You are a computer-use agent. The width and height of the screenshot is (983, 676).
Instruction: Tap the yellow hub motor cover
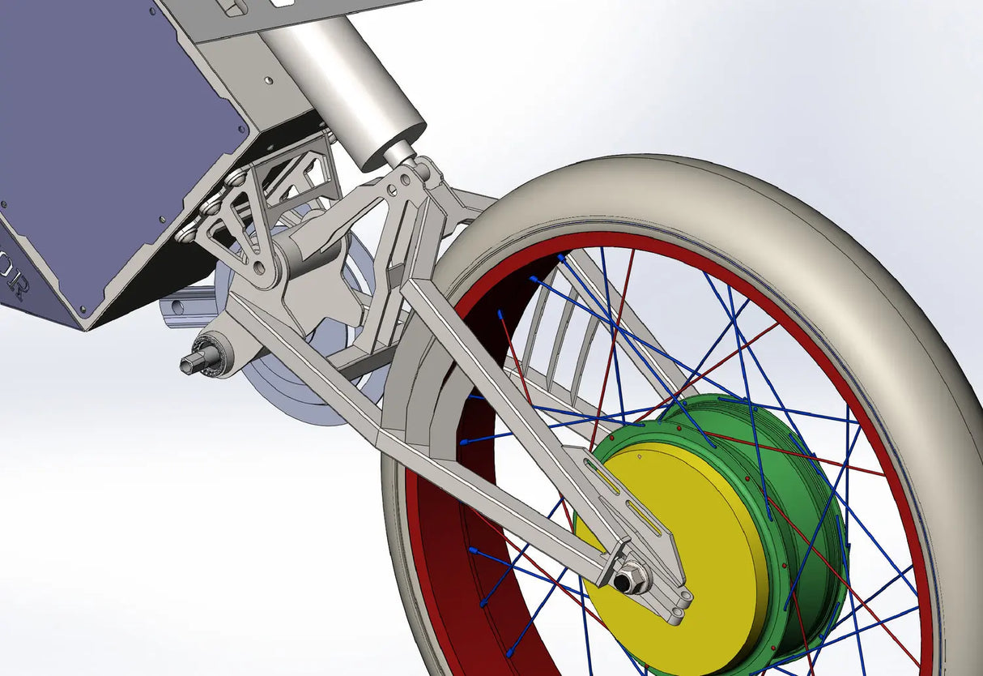(688, 527)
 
